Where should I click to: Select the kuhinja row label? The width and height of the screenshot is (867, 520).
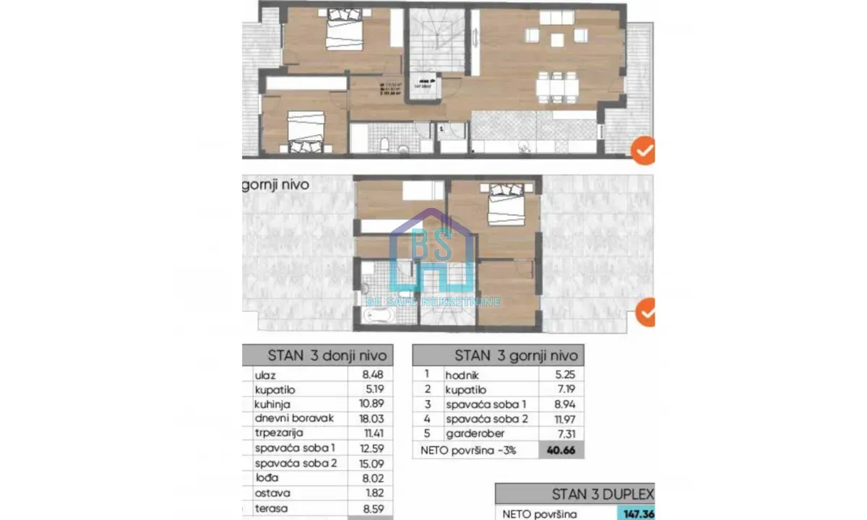point(272,404)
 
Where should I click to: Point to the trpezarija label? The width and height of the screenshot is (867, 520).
point(277,433)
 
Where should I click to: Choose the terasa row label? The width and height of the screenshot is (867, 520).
point(268,507)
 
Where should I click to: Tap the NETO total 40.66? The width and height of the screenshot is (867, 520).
point(561,451)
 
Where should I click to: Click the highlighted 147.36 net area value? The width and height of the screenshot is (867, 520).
point(636,513)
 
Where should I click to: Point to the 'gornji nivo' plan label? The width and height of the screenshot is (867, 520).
point(276,184)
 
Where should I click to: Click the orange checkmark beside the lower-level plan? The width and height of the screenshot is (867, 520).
point(642,151)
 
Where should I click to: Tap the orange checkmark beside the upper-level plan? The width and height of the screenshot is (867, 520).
point(645,313)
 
